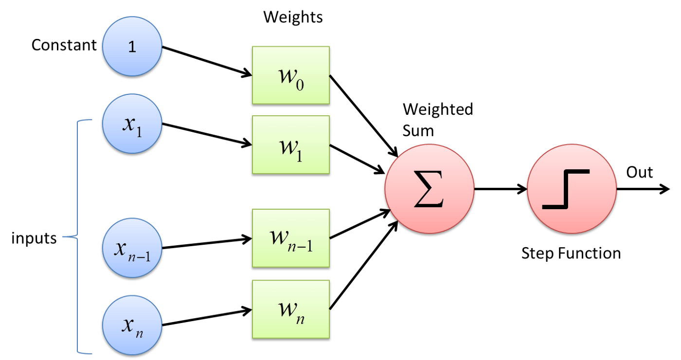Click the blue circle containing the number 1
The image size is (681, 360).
point(132,46)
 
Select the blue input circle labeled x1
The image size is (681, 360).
point(132,124)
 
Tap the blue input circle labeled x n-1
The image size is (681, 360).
point(132,248)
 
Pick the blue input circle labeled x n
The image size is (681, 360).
point(132,325)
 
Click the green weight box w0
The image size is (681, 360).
point(291,75)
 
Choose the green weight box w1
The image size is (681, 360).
point(291,144)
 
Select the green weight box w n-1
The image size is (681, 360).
point(291,238)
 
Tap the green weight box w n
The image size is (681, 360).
point(291,309)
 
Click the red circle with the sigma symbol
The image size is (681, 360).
point(429,189)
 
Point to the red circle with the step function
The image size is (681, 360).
point(572,189)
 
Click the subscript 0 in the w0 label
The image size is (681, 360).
point(300,85)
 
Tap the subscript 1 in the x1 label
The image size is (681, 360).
point(140,132)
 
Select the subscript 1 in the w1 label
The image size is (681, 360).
point(299,155)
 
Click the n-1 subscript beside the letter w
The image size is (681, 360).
point(301,246)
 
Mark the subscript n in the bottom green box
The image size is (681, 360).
point(300,318)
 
